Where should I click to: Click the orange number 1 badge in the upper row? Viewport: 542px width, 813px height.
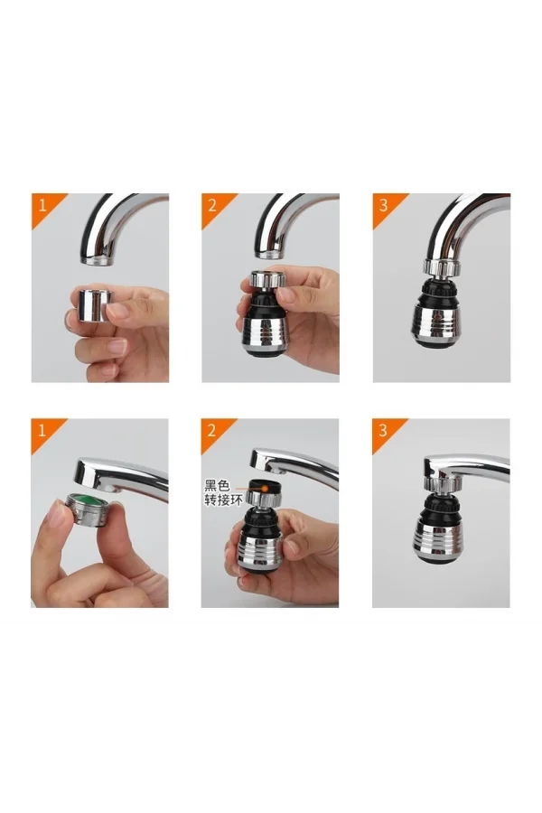coord(41,204)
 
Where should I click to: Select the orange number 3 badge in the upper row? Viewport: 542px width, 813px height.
coord(383,204)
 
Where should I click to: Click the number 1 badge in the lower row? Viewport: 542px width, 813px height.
coord(41,430)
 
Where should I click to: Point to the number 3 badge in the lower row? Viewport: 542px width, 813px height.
coord(383,430)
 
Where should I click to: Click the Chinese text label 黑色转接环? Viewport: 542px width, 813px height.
coord(223,492)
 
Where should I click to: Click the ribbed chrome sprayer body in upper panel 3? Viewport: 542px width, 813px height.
coord(441,321)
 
